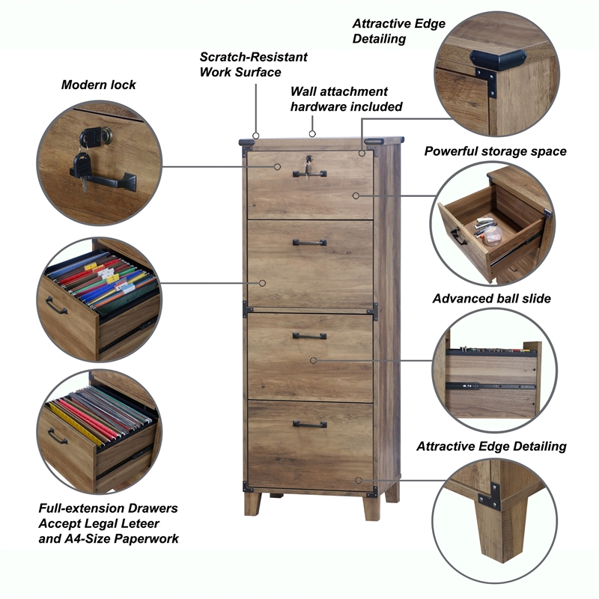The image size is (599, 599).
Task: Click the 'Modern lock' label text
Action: click(x=98, y=85)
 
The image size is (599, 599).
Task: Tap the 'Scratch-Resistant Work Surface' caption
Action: click(x=253, y=64)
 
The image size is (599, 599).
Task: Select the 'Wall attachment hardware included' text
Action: click(x=346, y=99)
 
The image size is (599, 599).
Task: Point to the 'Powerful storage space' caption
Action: click(x=495, y=151)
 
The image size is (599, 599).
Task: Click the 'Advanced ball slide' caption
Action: click(x=491, y=299)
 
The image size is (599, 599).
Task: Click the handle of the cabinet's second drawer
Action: click(x=309, y=242)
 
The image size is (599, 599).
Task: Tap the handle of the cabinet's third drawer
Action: click(x=309, y=335)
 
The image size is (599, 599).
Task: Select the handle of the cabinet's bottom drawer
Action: click(x=309, y=424)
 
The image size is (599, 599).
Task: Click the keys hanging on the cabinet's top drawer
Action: click(x=306, y=165)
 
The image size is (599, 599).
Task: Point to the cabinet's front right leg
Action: click(x=371, y=507)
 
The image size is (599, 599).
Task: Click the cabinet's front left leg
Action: click(x=252, y=503)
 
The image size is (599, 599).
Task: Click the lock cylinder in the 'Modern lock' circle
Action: click(x=98, y=136)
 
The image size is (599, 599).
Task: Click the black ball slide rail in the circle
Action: click(x=491, y=386)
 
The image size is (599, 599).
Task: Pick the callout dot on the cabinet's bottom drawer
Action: click(x=359, y=480)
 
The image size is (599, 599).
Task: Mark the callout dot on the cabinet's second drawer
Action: click(x=263, y=283)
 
